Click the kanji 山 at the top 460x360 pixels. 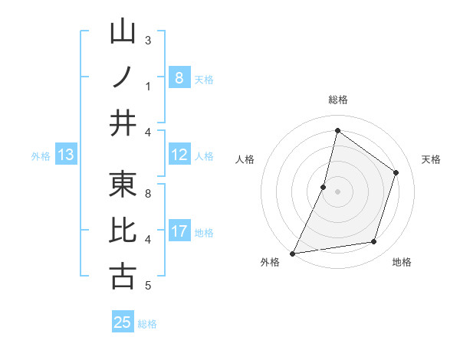coord(123,33)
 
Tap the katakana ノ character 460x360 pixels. coord(123,77)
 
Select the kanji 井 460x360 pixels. coord(123,123)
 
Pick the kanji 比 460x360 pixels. coord(123,231)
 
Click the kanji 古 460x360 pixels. coord(123,276)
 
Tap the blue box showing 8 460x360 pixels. coord(179,78)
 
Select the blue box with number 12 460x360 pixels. coord(179,155)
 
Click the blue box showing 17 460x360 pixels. coord(179,232)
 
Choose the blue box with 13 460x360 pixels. coord(65,155)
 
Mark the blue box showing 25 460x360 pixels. coord(123,322)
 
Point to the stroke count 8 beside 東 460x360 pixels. coord(148,194)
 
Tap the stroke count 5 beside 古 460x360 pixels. coord(148,286)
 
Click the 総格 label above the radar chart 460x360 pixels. coord(337,100)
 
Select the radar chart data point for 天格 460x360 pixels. coord(396,172)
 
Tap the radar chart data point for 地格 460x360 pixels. coord(374,242)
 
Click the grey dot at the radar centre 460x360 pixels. coord(337,191)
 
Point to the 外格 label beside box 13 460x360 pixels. coord(41,156)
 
